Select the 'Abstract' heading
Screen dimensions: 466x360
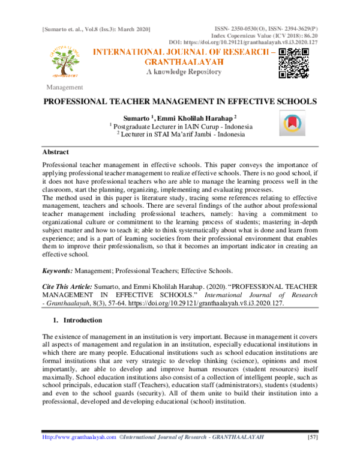(x=56, y=153)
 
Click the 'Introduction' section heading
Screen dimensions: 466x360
(x=79, y=320)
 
